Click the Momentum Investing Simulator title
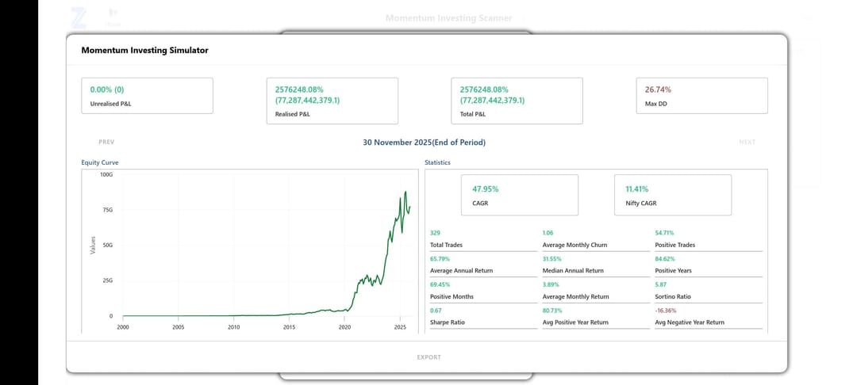(144, 50)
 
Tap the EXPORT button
(428, 357)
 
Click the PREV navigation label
(106, 143)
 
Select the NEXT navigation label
(747, 143)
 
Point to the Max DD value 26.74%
(658, 90)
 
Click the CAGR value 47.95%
(485, 189)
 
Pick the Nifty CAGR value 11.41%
(636, 189)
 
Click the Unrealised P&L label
(111, 104)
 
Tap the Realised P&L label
(293, 114)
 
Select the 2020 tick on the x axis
(344, 326)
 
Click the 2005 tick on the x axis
(179, 326)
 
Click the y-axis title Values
(93, 245)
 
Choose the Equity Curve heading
(99, 162)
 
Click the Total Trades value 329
(435, 233)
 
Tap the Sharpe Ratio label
(448, 322)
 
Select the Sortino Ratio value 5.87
(660, 284)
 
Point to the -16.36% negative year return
(666, 311)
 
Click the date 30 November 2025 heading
(424, 143)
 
